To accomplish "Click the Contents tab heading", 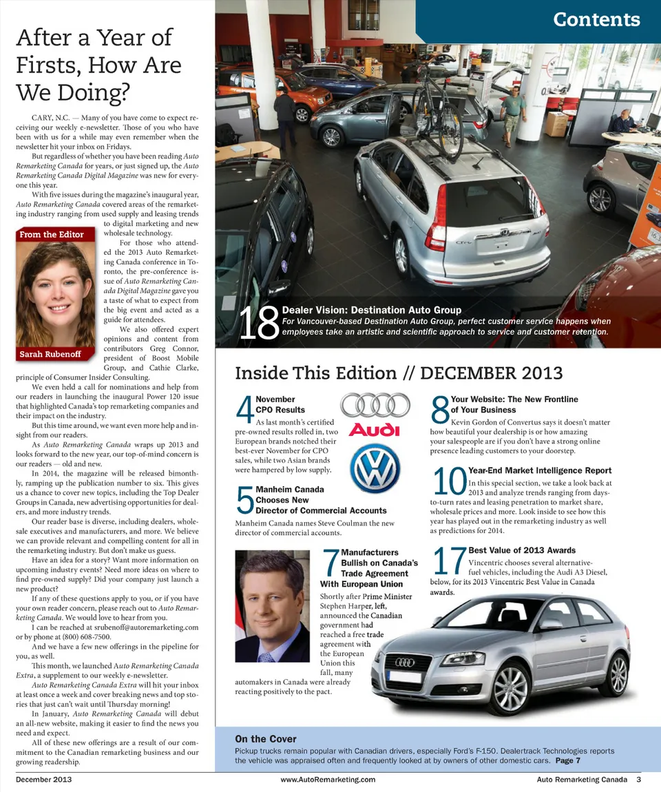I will [596, 19].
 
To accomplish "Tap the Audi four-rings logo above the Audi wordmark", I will [374, 404].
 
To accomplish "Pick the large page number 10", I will [450, 481].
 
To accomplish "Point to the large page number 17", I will [450, 561].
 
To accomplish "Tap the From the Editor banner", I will [52, 234].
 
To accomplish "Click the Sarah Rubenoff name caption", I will [50, 354].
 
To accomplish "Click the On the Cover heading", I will [266, 739].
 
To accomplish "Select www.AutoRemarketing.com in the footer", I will [328, 780].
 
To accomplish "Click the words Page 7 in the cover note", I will [568, 760].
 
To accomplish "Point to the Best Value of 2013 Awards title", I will [522, 550].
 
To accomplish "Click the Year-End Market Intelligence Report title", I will [540, 470].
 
